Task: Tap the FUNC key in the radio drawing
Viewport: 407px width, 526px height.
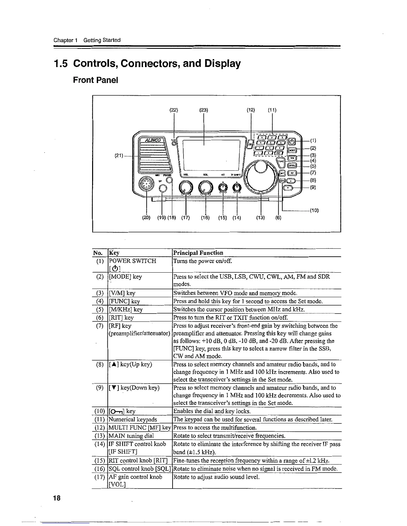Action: point(281,161)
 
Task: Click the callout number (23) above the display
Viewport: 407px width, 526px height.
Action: point(203,110)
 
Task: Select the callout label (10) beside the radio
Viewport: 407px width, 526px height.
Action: point(314,210)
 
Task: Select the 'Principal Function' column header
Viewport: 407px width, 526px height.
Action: point(198,253)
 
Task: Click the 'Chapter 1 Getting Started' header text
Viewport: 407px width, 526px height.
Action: point(87,40)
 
